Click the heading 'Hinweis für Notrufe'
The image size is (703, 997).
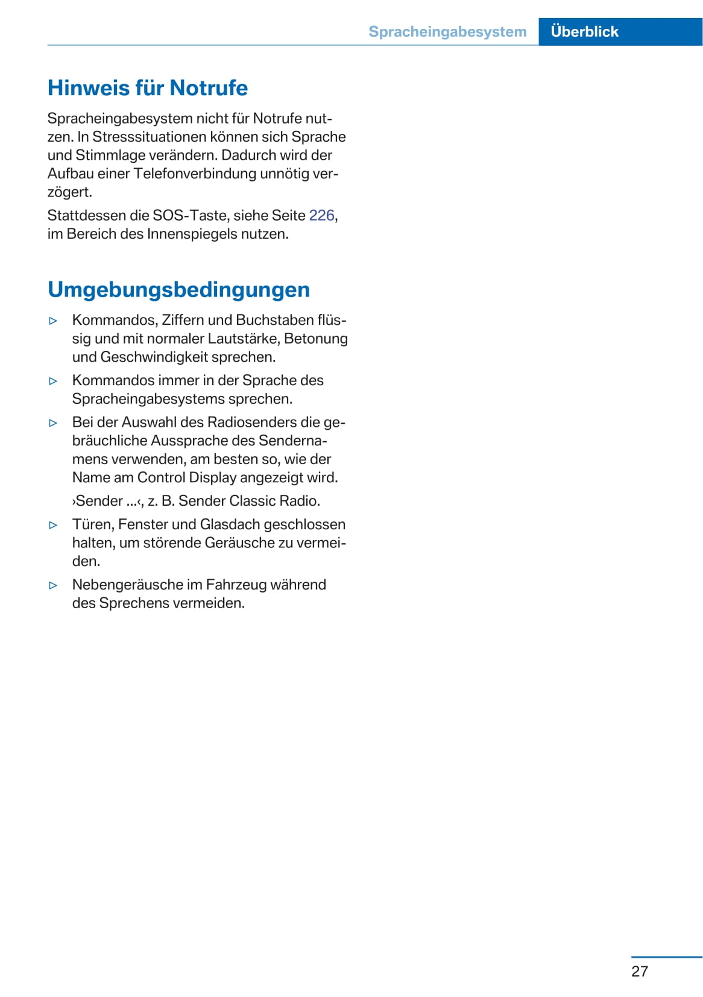(147, 88)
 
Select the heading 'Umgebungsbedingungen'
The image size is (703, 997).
(178, 290)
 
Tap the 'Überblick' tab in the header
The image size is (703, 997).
(584, 32)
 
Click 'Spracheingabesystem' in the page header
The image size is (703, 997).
(447, 32)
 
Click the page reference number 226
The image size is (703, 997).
(321, 216)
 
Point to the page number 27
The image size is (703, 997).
(640, 971)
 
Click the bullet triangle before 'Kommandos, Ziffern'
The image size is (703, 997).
(53, 321)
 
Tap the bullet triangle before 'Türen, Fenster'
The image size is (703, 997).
(53, 525)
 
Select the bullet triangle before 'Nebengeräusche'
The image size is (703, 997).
(53, 585)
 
